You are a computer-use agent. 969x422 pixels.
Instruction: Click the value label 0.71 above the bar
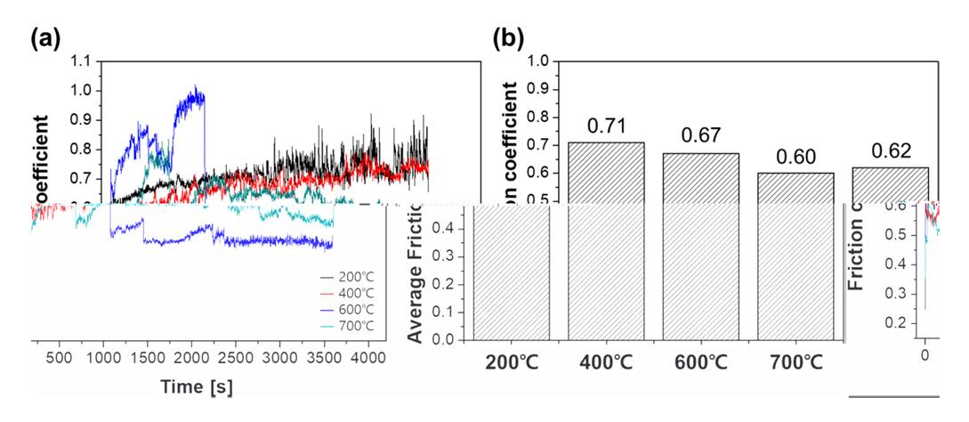(x=607, y=126)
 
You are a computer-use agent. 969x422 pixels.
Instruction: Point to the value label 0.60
(x=795, y=157)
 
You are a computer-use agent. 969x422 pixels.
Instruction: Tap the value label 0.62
(x=890, y=150)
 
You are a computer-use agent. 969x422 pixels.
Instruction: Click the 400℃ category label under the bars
(x=607, y=364)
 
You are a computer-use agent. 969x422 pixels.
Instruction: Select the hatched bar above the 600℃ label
(x=701, y=249)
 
